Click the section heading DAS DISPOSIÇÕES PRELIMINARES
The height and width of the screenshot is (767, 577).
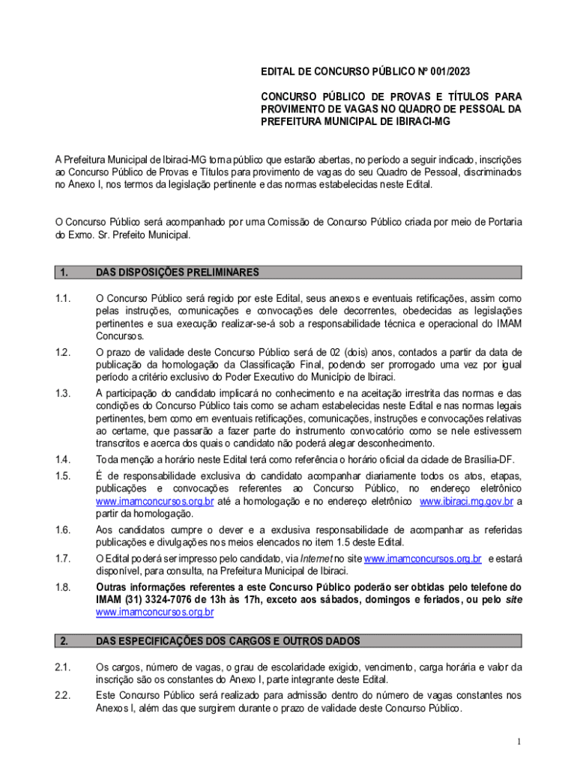pos(178,272)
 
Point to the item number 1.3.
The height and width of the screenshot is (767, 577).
pos(63,393)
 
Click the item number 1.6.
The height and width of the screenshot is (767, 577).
pos(63,530)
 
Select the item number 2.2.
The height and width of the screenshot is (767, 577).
pos(63,696)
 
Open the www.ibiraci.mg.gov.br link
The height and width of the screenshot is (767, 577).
pos(466,502)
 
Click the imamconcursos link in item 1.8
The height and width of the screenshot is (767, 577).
pos(155,613)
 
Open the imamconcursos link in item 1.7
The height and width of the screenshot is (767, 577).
pos(422,559)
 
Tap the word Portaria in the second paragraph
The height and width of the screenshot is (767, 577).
pos(504,222)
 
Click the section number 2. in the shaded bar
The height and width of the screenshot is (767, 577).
pos(64,641)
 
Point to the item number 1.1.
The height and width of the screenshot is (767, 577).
pos(63,299)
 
